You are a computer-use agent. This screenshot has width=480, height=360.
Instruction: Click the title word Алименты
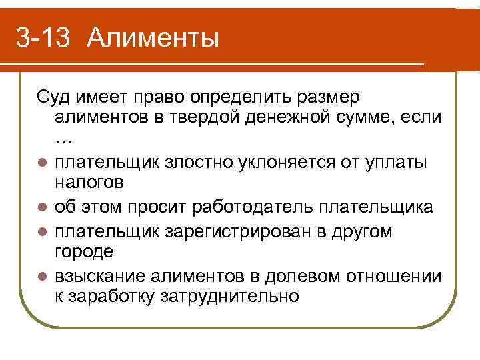pyautogui.click(x=152, y=39)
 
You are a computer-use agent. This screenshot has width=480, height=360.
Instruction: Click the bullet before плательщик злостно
pyautogui.click(x=41, y=163)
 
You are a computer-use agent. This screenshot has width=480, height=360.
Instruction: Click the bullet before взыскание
pyautogui.click(x=41, y=275)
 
